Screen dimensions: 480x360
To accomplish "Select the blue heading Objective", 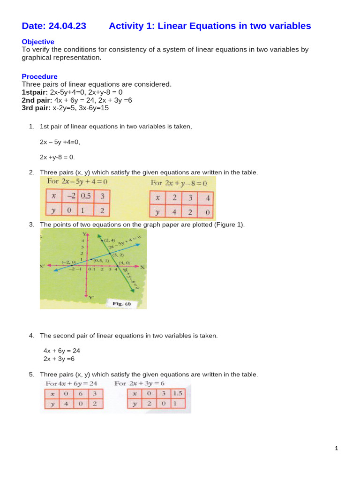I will pyautogui.click(x=38, y=42).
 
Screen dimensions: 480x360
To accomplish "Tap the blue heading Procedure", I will pyautogui.click(x=40, y=76).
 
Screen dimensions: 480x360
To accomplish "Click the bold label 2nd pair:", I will pyautogui.click(x=37, y=100).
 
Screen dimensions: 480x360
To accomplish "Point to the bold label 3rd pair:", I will pyautogui.click(x=36, y=107).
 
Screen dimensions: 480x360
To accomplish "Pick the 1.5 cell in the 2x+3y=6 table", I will pyautogui.click(x=178, y=393).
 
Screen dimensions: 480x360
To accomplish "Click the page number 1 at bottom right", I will pyautogui.click(x=336, y=449).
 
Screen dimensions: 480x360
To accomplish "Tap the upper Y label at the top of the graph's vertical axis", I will pyautogui.click(x=84, y=233).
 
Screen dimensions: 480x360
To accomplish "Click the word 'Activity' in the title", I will pyautogui.click(x=127, y=26).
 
